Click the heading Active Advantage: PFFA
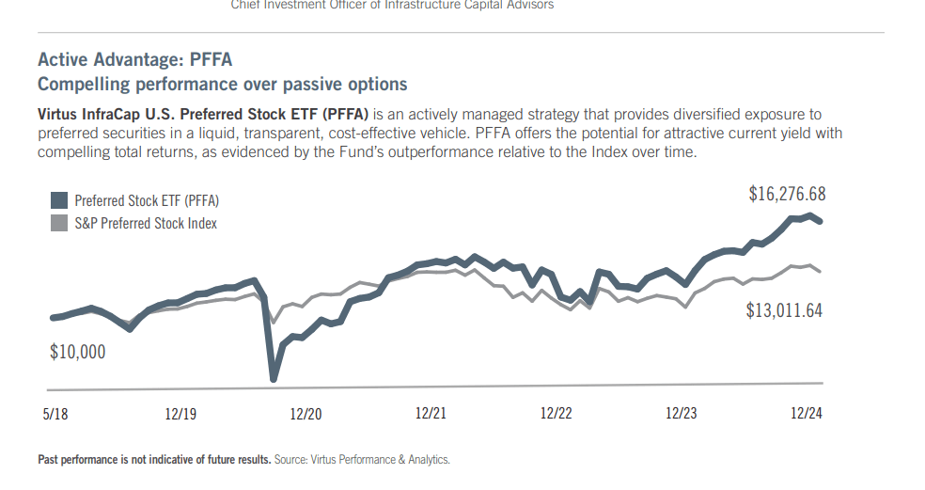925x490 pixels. point(134,60)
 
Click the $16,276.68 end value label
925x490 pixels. point(787,194)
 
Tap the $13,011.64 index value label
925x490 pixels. point(784,310)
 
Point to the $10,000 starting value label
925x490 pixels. point(77,353)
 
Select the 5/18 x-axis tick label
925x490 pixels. point(55,414)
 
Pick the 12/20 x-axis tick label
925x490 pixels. point(306,414)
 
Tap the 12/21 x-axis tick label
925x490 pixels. point(431,414)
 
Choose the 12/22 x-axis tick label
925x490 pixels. point(556,414)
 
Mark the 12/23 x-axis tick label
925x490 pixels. point(681,414)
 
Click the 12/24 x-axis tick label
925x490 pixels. point(806,414)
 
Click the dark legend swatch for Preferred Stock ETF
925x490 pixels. point(58,200)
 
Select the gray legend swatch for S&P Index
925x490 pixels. point(58,223)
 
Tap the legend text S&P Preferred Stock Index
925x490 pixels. point(146,223)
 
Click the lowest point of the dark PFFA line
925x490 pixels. point(274,378)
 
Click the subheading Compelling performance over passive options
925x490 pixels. point(222,85)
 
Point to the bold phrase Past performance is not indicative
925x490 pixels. point(154,460)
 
